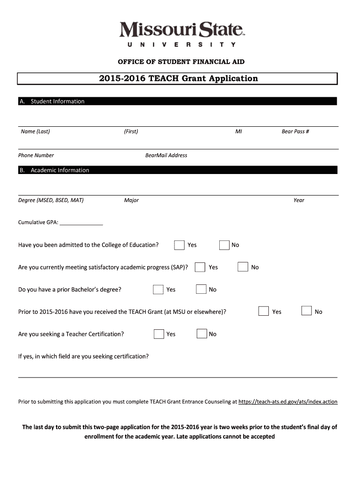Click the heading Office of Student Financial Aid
[181, 62]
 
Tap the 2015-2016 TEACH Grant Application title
[178, 79]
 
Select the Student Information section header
[58, 102]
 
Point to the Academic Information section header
[59, 170]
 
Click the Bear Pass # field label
[295, 131]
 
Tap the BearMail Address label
[166, 155]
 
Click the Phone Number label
[36, 155]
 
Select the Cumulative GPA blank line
[81, 223]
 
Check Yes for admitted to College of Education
[179, 245]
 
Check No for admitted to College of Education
[224, 245]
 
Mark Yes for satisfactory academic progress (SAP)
[200, 267]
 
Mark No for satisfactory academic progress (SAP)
[243, 267]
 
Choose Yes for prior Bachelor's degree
[158, 290]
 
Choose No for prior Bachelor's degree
[201, 290]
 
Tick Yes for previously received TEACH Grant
[264, 312]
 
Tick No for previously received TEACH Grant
[307, 312]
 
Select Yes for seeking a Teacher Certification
[159, 334]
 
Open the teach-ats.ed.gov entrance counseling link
[288, 402]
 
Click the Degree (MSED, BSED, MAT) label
[51, 200]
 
